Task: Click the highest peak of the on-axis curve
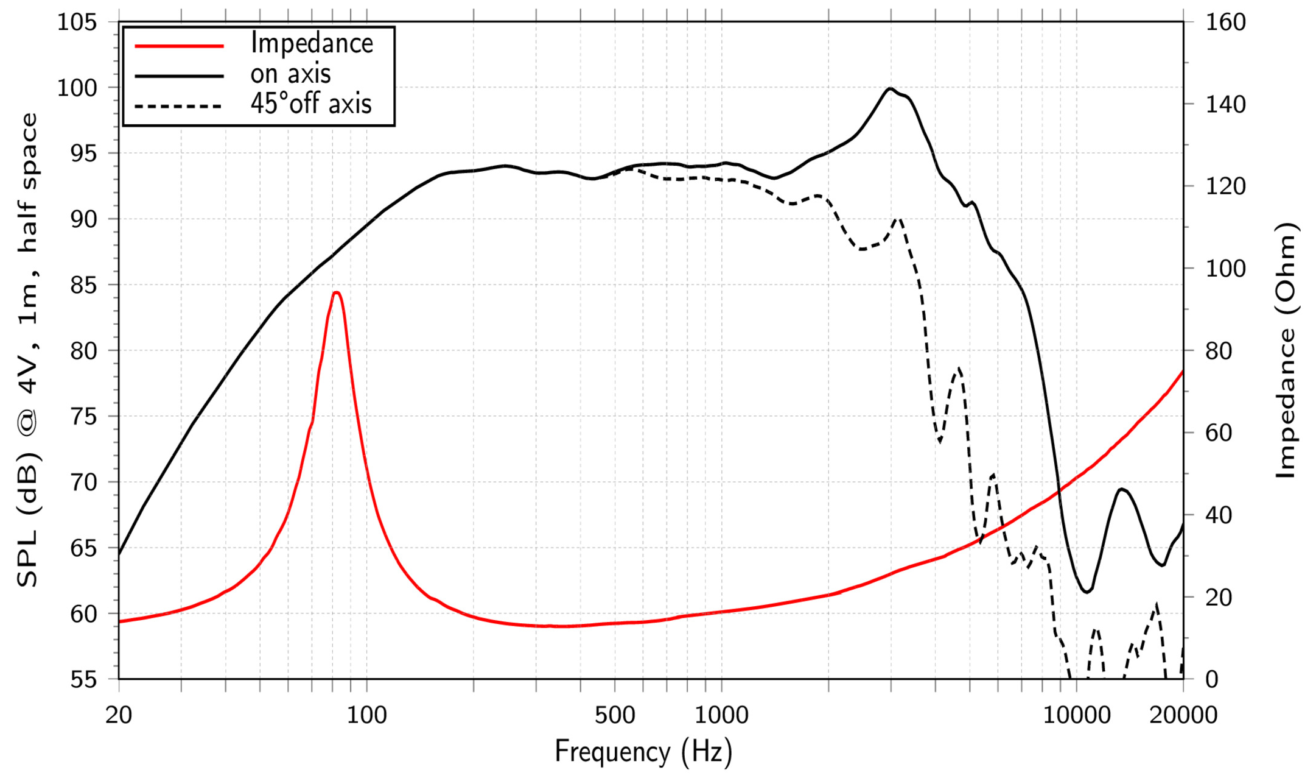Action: pos(890,89)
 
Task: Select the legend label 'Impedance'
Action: pos(312,43)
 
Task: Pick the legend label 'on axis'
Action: pos(290,74)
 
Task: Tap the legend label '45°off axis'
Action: pos(311,104)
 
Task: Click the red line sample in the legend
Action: pos(179,46)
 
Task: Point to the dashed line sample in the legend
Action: pos(179,106)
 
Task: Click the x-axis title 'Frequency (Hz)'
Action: pos(643,751)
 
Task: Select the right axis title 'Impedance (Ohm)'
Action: pos(1286,350)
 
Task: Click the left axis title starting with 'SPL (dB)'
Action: pos(28,350)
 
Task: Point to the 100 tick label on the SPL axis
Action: pos(77,88)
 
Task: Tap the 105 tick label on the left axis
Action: pos(77,23)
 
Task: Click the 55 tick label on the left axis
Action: pos(83,679)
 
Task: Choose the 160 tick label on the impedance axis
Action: pos(1226,23)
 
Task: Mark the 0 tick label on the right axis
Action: pos(1212,679)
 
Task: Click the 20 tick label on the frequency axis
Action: pos(119,715)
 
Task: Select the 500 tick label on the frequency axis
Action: pos(615,715)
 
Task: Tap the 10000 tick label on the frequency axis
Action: pos(1076,715)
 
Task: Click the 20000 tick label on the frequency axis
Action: pos(1183,715)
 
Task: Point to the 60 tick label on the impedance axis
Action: pos(1219,433)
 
